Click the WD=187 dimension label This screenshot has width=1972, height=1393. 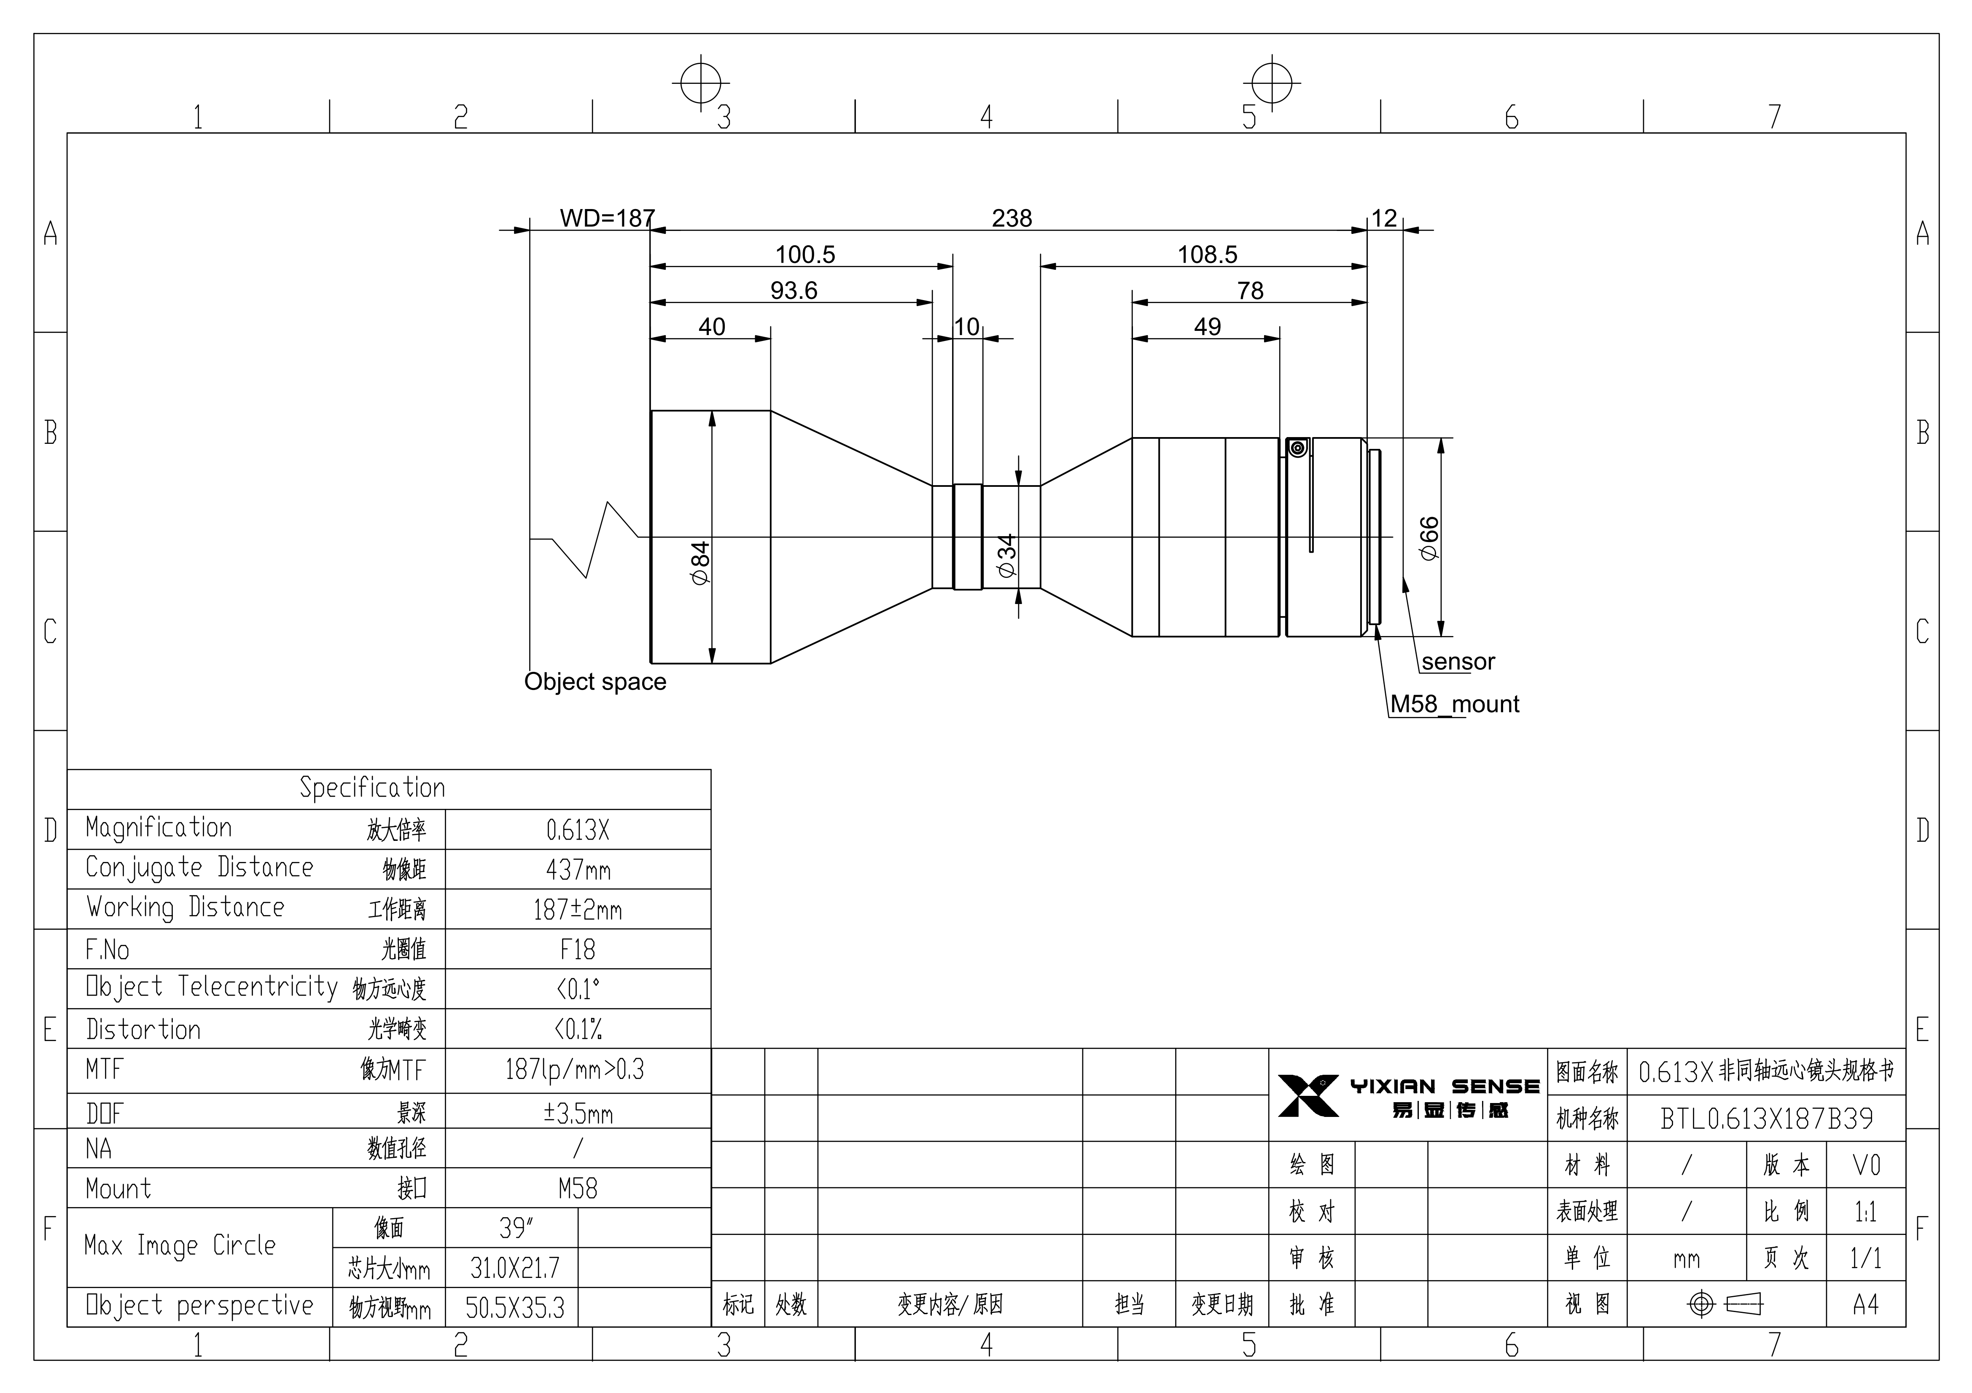[607, 218]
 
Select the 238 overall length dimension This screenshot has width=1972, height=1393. [1012, 218]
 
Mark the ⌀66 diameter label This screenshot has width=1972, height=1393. [1429, 539]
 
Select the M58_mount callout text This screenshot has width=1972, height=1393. [1455, 704]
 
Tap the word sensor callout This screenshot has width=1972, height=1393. [1458, 661]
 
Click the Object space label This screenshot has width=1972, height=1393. [595, 682]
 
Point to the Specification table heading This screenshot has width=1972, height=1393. [372, 787]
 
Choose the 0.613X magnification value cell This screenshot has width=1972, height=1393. [578, 829]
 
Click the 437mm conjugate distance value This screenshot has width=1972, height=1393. [578, 870]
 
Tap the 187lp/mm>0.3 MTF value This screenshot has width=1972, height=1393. [575, 1069]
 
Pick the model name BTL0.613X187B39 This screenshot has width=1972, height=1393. [1767, 1118]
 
